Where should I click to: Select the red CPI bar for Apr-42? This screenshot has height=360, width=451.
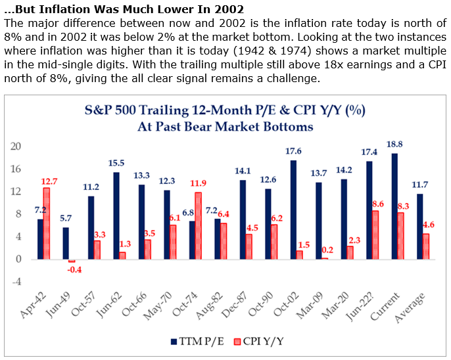pyautogui.click(x=47, y=223)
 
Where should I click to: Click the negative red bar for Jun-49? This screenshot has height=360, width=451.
pyautogui.click(x=72, y=261)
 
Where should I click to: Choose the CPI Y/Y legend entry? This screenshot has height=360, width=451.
pyautogui.click(x=257, y=341)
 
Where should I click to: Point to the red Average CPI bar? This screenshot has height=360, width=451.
pyautogui.click(x=425, y=246)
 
